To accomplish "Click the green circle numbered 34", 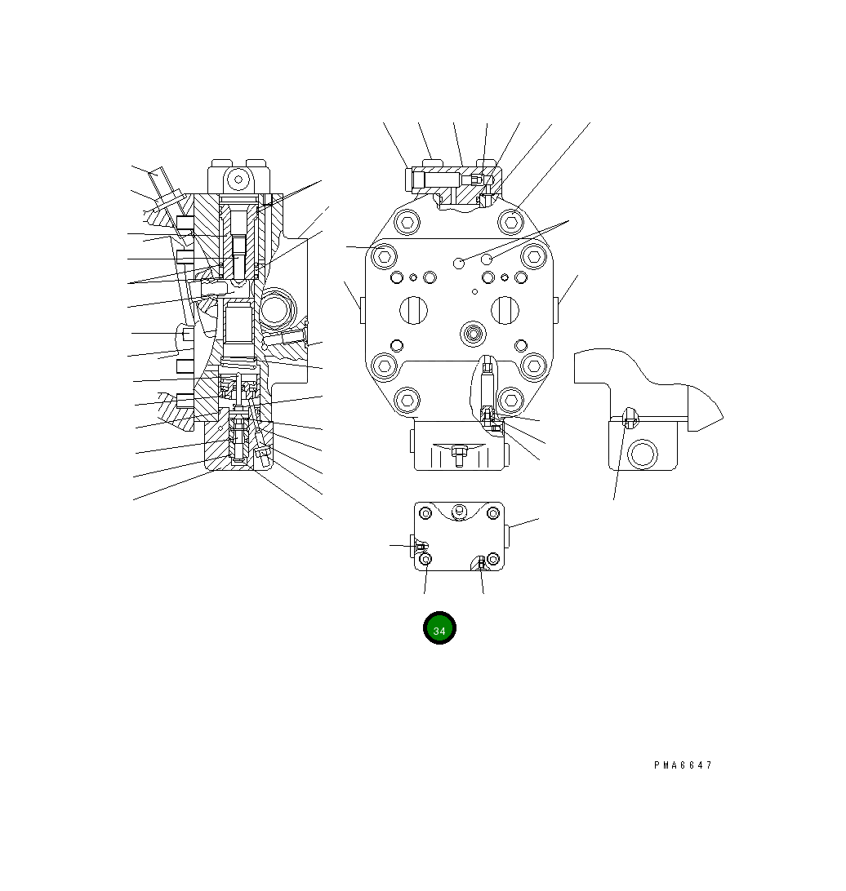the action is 439,628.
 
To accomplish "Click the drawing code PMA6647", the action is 683,765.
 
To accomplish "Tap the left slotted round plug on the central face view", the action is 413,310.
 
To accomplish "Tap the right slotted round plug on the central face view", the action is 505,310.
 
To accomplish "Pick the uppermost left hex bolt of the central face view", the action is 407,222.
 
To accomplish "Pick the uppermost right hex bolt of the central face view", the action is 510,222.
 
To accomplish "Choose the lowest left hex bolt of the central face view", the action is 407,400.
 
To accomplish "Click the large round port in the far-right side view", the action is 643,454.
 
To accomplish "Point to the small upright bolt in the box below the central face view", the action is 458,456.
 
